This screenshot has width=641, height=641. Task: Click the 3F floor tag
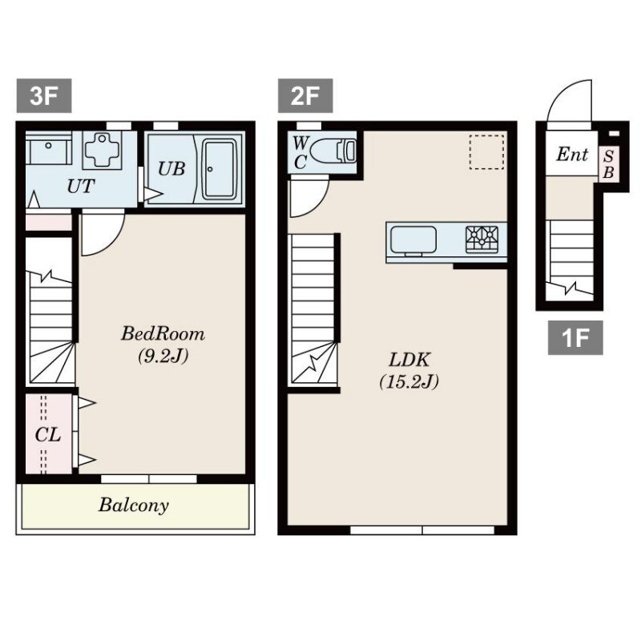pyautogui.click(x=44, y=95)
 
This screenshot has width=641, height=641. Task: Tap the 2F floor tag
pyautogui.click(x=305, y=95)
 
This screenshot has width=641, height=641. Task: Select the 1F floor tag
pyautogui.click(x=575, y=337)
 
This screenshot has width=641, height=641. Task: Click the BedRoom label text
pyautogui.click(x=163, y=333)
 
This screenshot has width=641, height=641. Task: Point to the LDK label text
pyautogui.click(x=409, y=360)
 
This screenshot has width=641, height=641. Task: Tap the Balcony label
pyautogui.click(x=134, y=506)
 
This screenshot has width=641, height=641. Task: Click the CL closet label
pyautogui.click(x=48, y=434)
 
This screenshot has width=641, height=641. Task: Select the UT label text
pyautogui.click(x=81, y=187)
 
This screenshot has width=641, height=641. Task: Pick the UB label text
pyautogui.click(x=171, y=168)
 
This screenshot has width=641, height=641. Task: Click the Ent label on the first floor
pyautogui.click(x=572, y=155)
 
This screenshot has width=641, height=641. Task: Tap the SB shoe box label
pyautogui.click(x=609, y=164)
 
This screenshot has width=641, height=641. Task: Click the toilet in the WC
pyautogui.click(x=333, y=151)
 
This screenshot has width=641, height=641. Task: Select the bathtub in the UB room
pyautogui.click(x=220, y=169)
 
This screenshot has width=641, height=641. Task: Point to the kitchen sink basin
pyautogui.click(x=413, y=240)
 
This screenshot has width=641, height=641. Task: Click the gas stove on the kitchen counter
pyautogui.click(x=482, y=239)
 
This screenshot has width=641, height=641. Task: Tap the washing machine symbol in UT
pyautogui.click(x=103, y=150)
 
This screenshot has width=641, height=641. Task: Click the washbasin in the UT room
pyautogui.click(x=49, y=148)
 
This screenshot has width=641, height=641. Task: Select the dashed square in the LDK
pyautogui.click(x=486, y=152)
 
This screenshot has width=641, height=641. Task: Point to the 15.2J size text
pyautogui.click(x=409, y=382)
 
